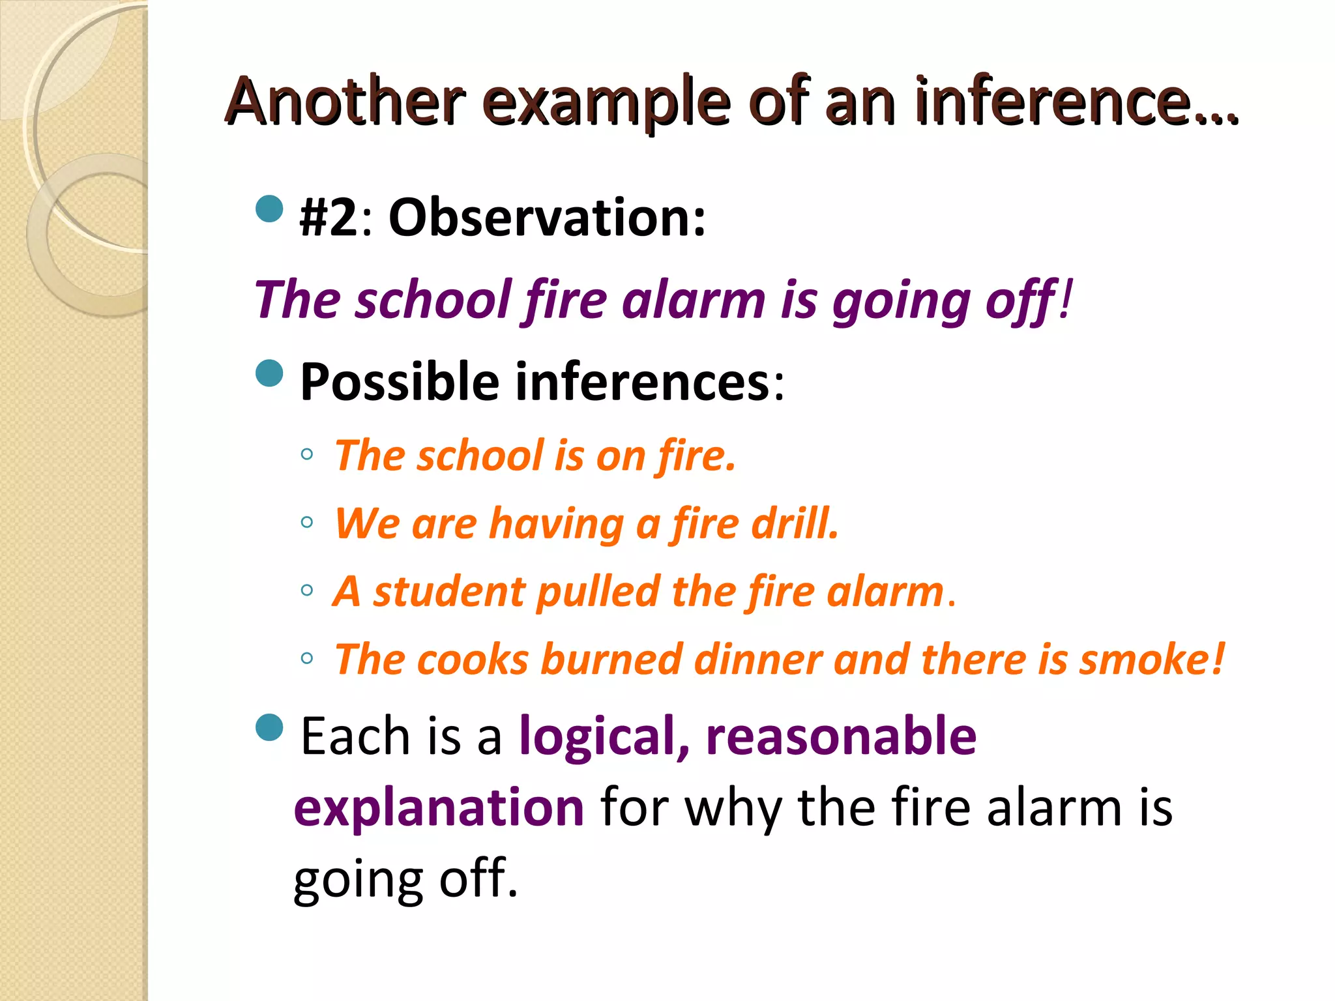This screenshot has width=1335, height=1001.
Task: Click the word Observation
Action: (x=546, y=217)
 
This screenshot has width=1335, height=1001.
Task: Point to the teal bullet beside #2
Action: (x=270, y=209)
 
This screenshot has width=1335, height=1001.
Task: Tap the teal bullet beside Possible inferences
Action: (x=270, y=373)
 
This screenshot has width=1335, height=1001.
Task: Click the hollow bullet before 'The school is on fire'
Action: (x=307, y=454)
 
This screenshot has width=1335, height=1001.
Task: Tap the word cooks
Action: (x=473, y=660)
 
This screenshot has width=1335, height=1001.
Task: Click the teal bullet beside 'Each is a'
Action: (x=270, y=728)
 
